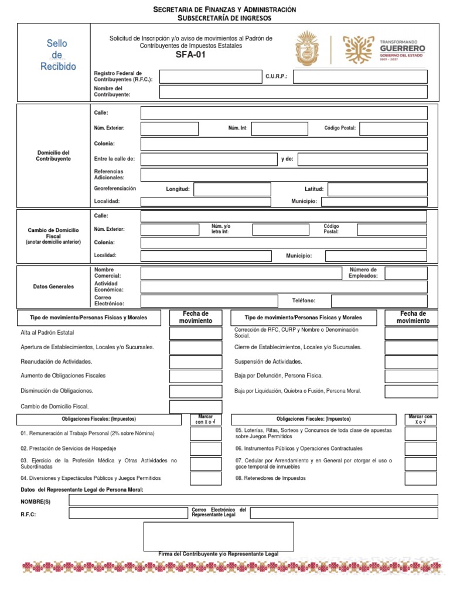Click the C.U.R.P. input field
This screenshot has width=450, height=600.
click(x=360, y=77)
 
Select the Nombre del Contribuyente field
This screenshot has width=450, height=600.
click(x=293, y=91)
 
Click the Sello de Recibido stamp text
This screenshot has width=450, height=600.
click(x=58, y=55)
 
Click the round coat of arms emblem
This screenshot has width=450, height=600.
click(x=308, y=49)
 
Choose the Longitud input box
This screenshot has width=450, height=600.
click(x=232, y=189)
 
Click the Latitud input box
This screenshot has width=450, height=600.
click(x=377, y=189)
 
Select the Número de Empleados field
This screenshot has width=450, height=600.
click(x=406, y=273)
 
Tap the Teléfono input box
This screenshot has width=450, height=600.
click(x=379, y=301)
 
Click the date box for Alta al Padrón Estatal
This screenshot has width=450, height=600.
click(x=196, y=333)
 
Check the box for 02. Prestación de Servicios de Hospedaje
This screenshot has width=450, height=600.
click(x=206, y=449)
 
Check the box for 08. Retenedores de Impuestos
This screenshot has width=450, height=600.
click(x=421, y=479)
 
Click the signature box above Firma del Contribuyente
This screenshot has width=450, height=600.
click(x=219, y=536)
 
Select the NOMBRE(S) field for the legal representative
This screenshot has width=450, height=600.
click(x=253, y=500)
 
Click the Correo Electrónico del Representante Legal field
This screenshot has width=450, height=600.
click(x=344, y=513)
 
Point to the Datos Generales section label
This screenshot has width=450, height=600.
click(x=53, y=287)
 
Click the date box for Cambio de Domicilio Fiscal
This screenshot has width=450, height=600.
click(x=196, y=407)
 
